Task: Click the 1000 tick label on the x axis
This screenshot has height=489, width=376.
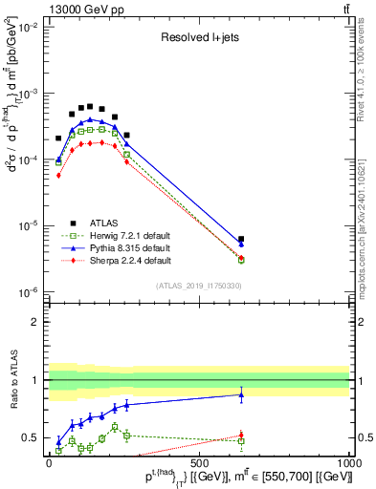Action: tap(348, 464)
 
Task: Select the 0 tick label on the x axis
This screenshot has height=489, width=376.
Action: tap(49, 464)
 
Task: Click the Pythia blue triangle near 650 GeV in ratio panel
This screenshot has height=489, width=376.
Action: tap(241, 393)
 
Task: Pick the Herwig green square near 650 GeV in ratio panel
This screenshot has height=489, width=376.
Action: tap(241, 441)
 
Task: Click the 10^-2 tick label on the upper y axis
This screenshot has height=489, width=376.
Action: tap(29, 28)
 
